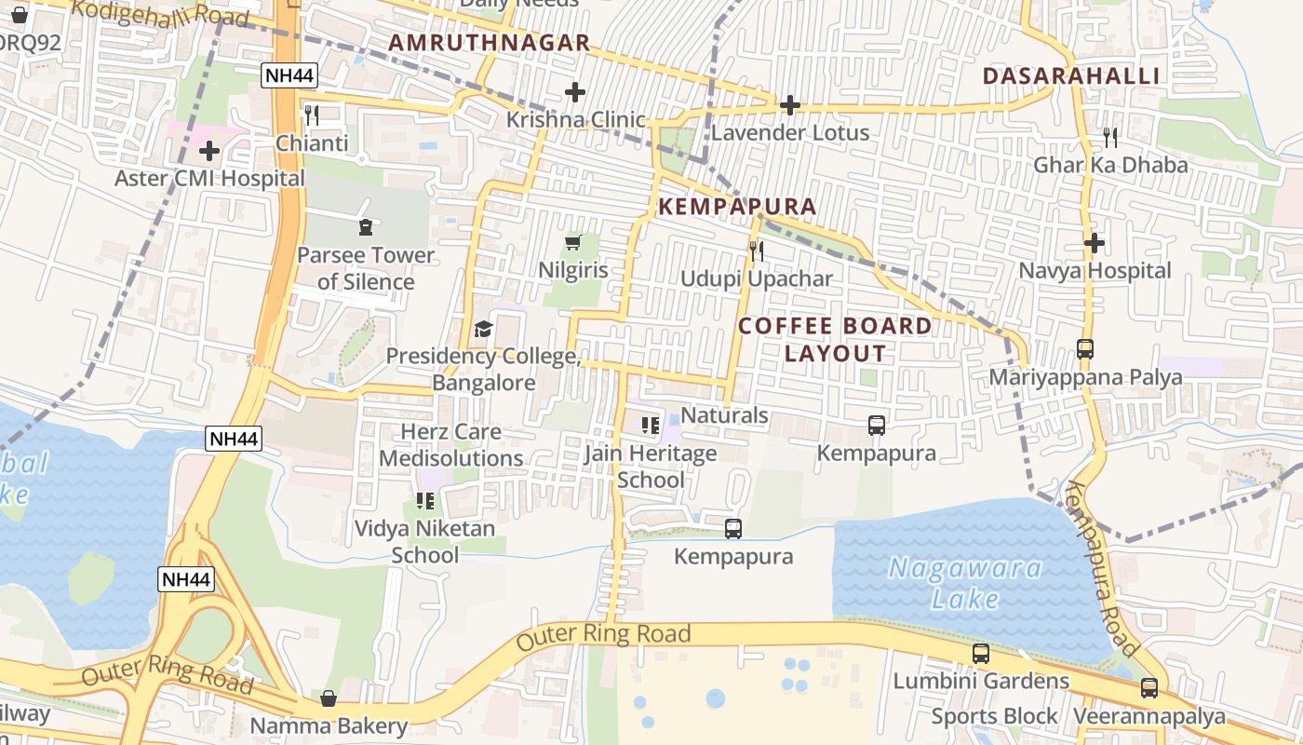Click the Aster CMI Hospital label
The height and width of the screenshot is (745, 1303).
[x=209, y=178]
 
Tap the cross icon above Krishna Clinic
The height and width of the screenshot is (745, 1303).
[x=575, y=92]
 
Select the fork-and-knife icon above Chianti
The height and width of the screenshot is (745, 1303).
[x=312, y=115]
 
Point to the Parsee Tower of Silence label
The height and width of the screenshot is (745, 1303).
[x=365, y=268]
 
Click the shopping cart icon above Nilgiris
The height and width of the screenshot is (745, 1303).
[x=573, y=242]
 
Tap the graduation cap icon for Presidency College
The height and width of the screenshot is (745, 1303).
[x=483, y=329]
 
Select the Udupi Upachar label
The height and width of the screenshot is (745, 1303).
[x=756, y=278]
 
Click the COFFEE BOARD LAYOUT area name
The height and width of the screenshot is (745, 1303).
[x=835, y=339]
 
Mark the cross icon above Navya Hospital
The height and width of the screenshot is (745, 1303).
[x=1095, y=243]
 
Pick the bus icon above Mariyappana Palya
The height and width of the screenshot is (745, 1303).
[x=1085, y=349]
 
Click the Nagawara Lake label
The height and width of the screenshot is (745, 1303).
[x=964, y=583]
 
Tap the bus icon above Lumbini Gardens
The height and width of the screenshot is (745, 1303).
[x=981, y=654]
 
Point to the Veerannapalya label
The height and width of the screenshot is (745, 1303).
[x=1149, y=716]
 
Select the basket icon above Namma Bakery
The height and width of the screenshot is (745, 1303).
[x=329, y=698]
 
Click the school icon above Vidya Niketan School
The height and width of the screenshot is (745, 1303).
[x=425, y=501]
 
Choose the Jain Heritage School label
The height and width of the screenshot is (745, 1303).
[x=651, y=467]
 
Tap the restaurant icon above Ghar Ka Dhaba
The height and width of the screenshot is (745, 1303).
[x=1110, y=138]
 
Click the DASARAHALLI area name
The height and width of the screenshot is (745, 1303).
[x=1071, y=76]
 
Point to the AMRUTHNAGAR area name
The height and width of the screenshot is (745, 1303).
[x=489, y=43]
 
